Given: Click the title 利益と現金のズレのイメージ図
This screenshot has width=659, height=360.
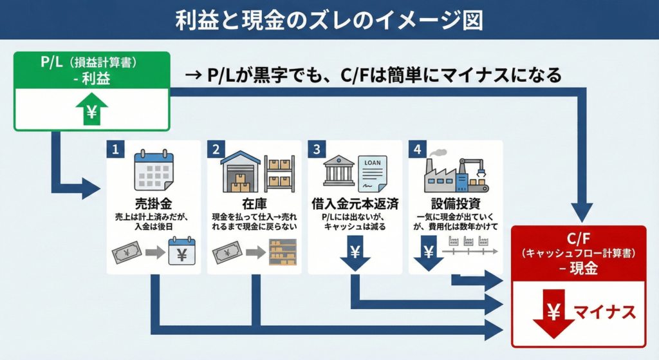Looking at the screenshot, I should tap(329, 20).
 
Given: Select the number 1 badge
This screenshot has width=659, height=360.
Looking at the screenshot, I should tap(115, 149).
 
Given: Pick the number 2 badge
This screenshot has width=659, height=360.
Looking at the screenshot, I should tap(216, 149).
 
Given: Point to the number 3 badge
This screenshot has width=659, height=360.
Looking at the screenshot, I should tap(316, 149).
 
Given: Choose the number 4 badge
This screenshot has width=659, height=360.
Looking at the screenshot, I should tap(417, 149).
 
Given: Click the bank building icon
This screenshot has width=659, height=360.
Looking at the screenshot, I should tap(339, 171).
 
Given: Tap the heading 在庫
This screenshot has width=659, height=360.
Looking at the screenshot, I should tap(254, 204).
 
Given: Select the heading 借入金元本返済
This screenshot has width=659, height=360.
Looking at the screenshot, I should tap(355, 204).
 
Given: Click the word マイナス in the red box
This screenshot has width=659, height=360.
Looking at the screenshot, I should tap(604, 313).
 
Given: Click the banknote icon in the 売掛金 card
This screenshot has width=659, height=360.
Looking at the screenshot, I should tap(126, 251).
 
